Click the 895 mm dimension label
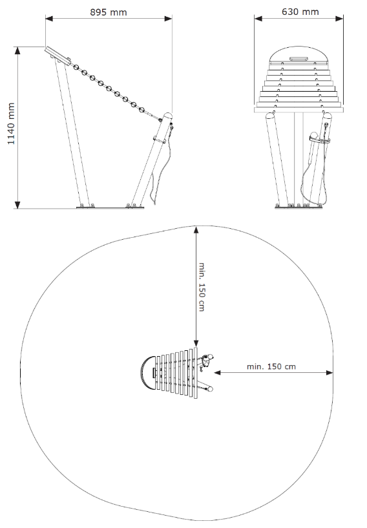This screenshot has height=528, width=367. [x=109, y=12]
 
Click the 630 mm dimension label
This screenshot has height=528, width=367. [x=300, y=12]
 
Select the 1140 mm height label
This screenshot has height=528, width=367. [x=11, y=123]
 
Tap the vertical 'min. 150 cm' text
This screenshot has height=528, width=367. [x=202, y=287]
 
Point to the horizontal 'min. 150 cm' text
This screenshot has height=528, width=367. [x=271, y=366]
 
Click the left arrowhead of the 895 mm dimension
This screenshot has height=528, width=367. [x=49, y=18]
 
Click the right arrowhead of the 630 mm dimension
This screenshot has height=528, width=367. [x=339, y=18]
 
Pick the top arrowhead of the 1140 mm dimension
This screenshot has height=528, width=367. [x=17, y=50]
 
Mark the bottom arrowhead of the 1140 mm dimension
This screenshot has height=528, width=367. [x=17, y=205]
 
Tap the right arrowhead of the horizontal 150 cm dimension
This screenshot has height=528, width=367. [x=330, y=372]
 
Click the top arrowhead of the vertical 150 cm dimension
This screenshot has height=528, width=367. [x=196, y=231]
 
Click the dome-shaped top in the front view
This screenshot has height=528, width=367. [x=299, y=56]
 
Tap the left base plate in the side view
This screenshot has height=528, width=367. [x=85, y=207]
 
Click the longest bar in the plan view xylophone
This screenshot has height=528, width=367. [x=196, y=373]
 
